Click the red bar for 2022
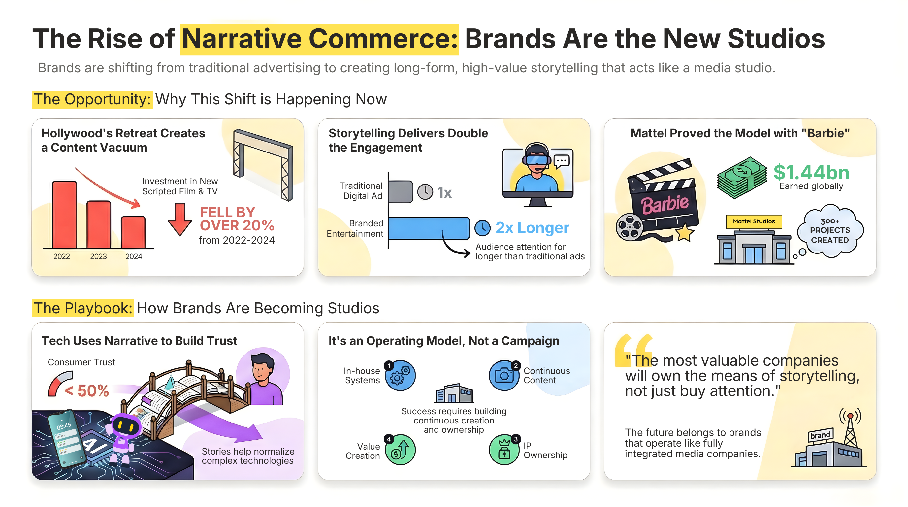coord(65,215)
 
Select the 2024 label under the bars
coord(134,257)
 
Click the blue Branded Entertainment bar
coord(429,228)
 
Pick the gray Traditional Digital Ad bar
coord(401,192)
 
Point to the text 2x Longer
coord(532,228)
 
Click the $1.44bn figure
coord(811,173)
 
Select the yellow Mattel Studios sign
coord(754,221)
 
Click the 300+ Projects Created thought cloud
coord(830,231)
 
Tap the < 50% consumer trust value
coord(87,391)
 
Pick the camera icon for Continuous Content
coord(504,376)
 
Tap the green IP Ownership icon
coord(504,450)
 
